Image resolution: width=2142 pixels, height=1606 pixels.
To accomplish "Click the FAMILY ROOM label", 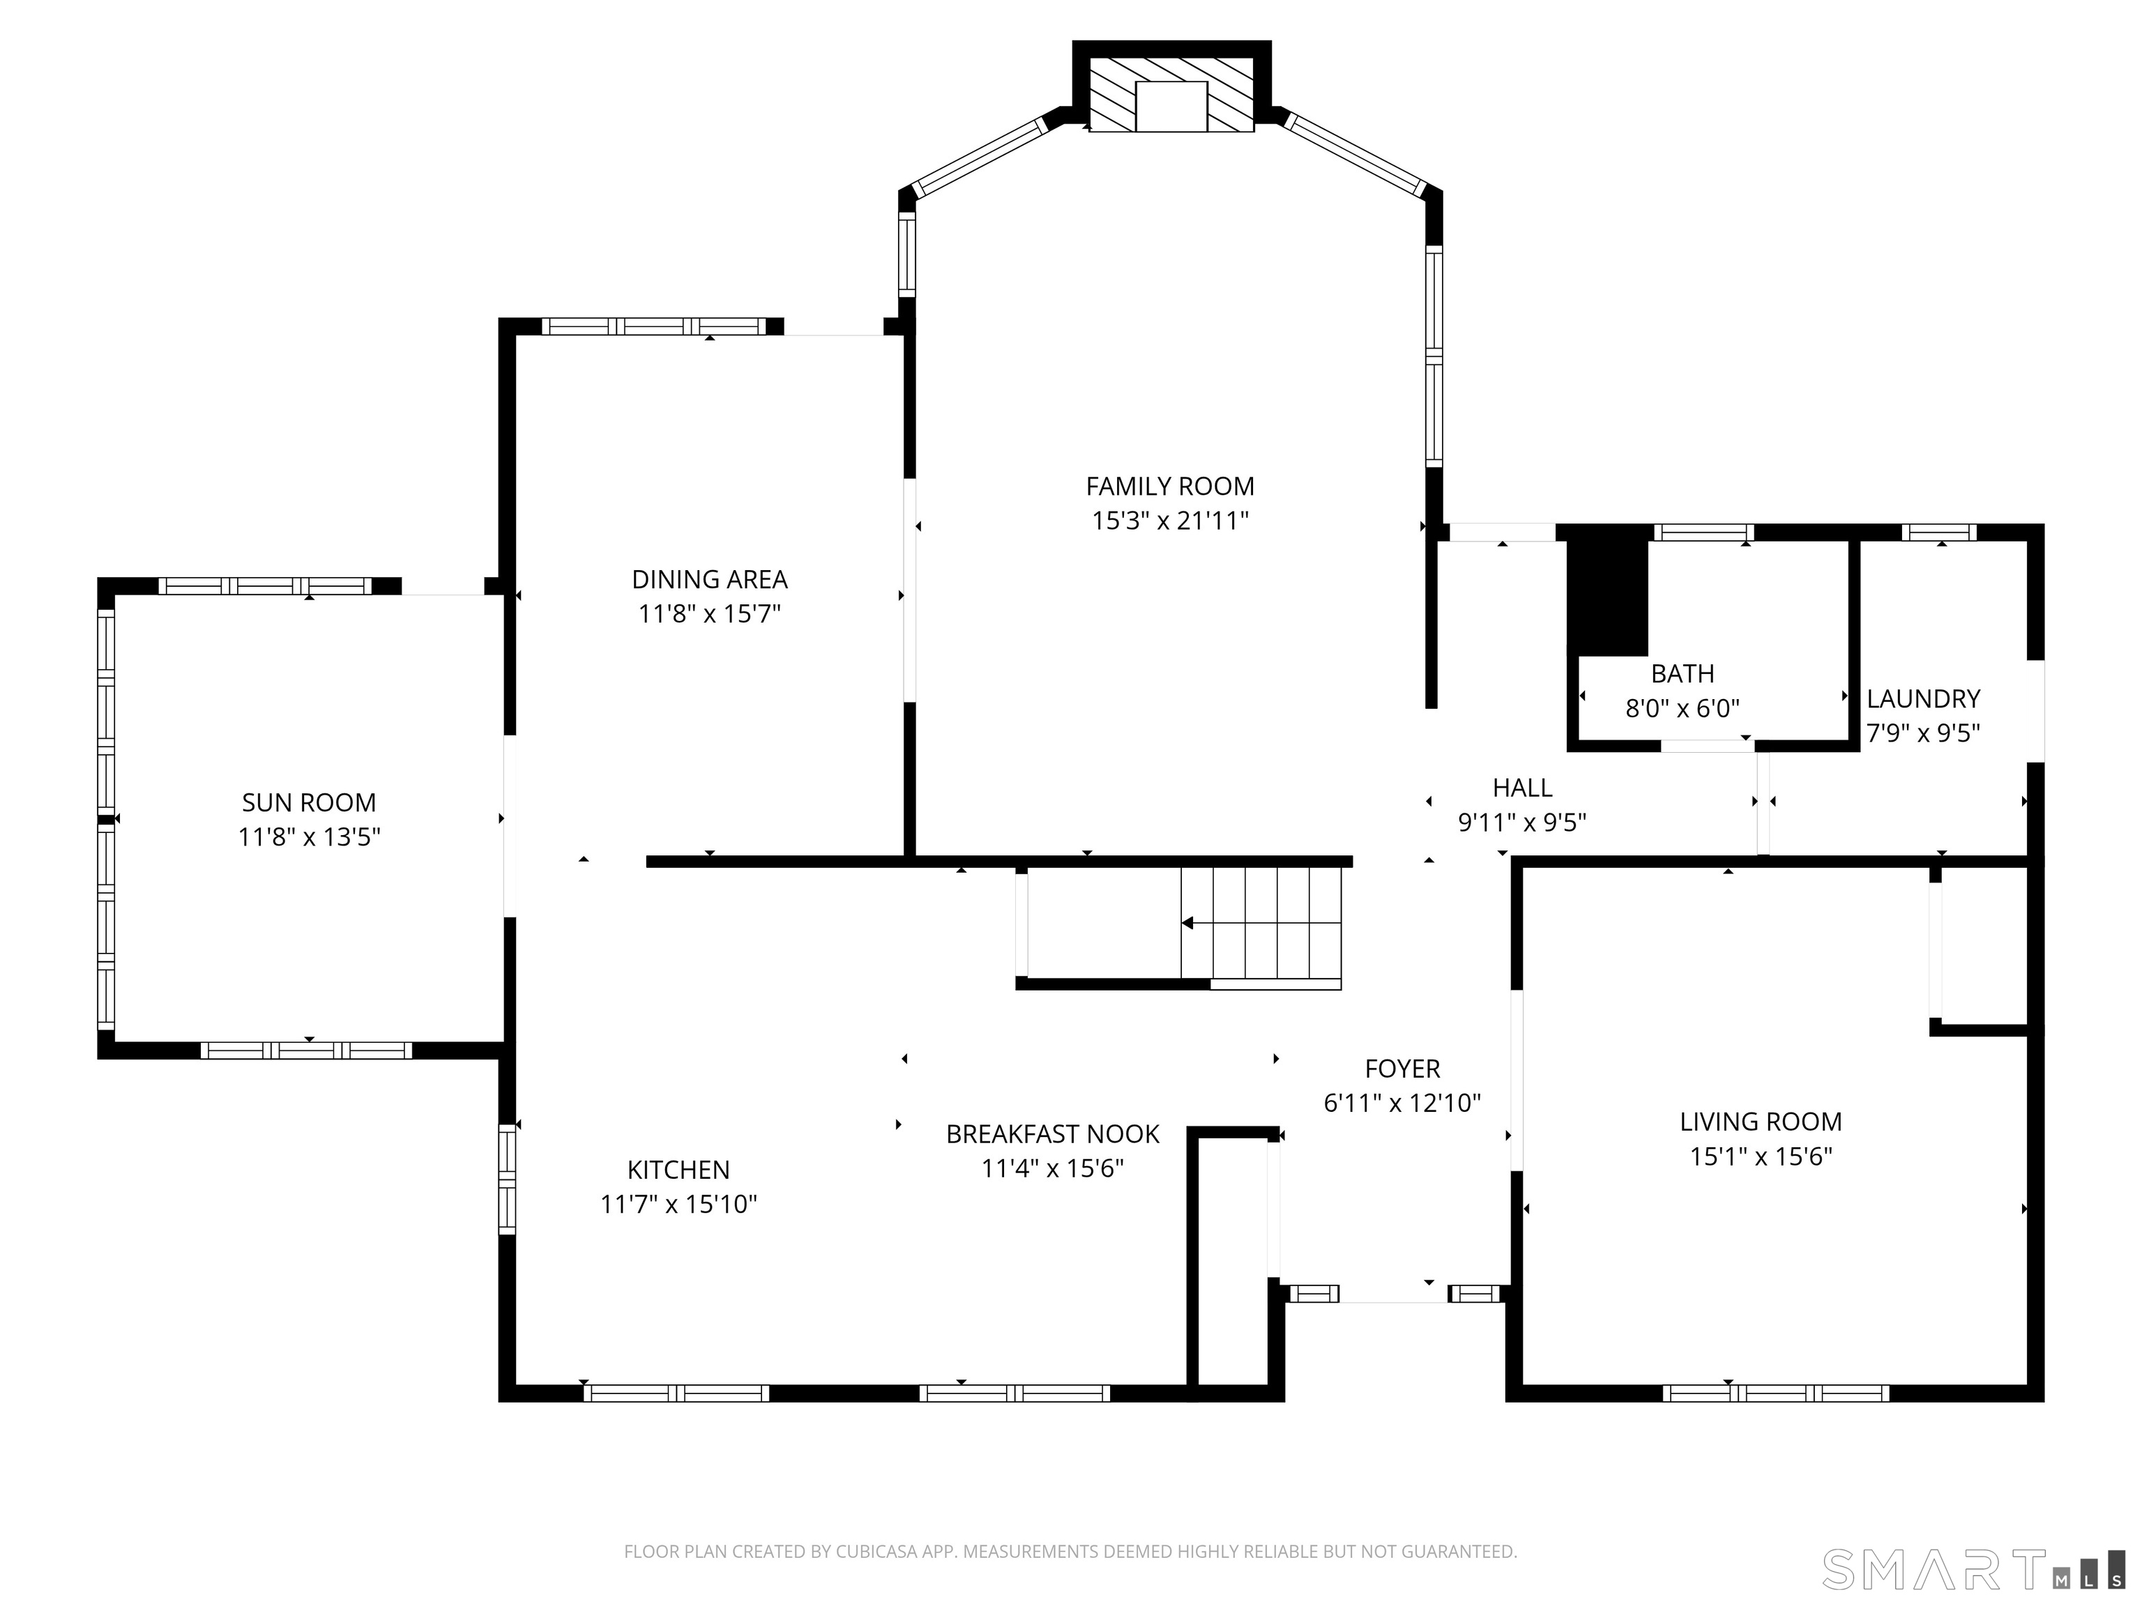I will [x=1170, y=486].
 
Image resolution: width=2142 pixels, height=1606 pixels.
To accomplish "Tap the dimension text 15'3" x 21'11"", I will [x=1170, y=521].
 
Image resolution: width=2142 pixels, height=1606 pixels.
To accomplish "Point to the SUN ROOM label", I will [x=309, y=802].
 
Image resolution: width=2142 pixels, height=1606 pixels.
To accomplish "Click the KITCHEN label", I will [x=678, y=1170].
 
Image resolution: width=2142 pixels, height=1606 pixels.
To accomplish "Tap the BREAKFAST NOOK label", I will [x=1053, y=1133].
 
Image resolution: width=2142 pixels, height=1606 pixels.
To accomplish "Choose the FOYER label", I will [x=1402, y=1069].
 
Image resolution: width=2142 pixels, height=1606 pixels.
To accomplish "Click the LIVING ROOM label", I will [x=1761, y=1121].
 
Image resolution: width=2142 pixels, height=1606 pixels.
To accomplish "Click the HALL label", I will [x=1522, y=788].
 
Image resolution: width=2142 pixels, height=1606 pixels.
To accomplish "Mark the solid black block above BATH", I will [x=1607, y=595].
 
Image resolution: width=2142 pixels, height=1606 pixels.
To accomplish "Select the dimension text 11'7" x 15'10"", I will [x=678, y=1204].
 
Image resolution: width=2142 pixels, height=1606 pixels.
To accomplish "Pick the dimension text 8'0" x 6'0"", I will [x=1682, y=709].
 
